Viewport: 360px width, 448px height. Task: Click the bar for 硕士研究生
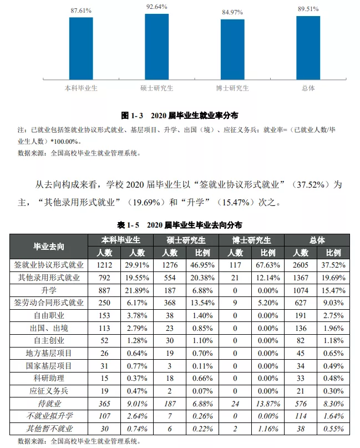pyautogui.click(x=156, y=47)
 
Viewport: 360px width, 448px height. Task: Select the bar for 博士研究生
pyautogui.click(x=232, y=50)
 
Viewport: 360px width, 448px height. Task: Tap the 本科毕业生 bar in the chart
pyautogui.click(x=81, y=48)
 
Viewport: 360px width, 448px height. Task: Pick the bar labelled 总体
pyautogui.click(x=308, y=48)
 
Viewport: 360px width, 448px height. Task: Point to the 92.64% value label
pyautogui.click(x=156, y=7)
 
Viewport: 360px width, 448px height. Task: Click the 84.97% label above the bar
pyautogui.click(x=232, y=13)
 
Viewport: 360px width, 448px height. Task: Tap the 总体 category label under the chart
pyautogui.click(x=308, y=88)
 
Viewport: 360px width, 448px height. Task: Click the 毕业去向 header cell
pyautogui.click(x=50, y=246)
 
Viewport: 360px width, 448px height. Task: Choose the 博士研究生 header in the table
pyautogui.click(x=251, y=240)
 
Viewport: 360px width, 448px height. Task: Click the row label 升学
pyautogui.click(x=50, y=290)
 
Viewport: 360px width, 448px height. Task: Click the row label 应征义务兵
pyautogui.click(x=50, y=390)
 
